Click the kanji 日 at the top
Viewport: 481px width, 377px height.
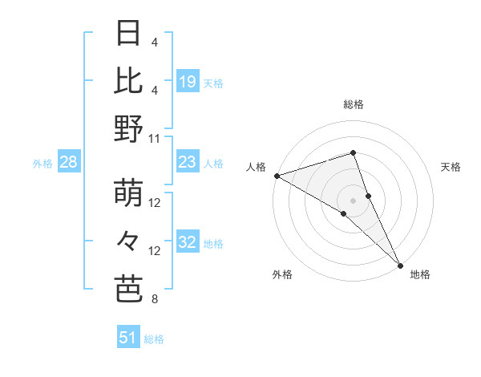coord(129,34)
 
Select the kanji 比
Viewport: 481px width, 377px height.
coord(129,81)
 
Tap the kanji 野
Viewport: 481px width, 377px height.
coord(129,128)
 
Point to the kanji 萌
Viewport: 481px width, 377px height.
coord(129,194)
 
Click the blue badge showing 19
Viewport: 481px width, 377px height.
coord(188,81)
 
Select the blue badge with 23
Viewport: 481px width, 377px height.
coord(188,163)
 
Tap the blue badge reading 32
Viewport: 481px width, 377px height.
coord(188,243)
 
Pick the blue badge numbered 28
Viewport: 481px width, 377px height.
coord(69,163)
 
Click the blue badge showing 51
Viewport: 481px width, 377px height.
coord(128,338)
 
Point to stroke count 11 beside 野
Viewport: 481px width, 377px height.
coord(155,138)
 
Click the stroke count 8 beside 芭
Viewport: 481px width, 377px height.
coord(155,299)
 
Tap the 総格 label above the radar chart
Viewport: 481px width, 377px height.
coord(354,104)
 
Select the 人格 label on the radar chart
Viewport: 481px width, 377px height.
coord(257,167)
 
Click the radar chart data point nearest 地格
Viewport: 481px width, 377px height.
coord(399,265)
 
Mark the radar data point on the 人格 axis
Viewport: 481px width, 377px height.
coord(277,175)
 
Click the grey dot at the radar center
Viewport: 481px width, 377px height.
coord(354,200)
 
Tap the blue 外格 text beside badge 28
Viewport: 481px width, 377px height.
coord(42,164)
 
